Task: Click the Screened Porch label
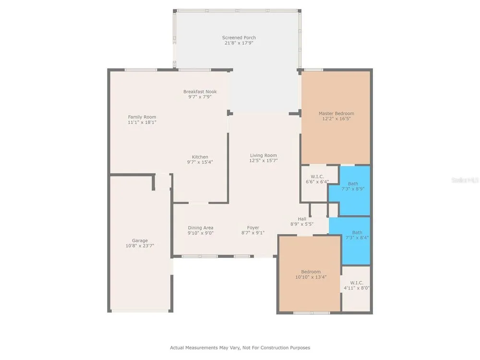coord(239,37)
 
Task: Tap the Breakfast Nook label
coord(200,92)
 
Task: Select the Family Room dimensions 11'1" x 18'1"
coord(142,122)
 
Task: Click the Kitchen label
coord(200,157)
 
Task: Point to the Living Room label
coord(263,156)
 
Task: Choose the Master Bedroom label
coord(336,114)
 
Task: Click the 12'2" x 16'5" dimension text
coord(336,119)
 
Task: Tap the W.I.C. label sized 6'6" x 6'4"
coord(317,177)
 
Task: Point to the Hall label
coord(302,219)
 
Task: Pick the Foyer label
coord(253,228)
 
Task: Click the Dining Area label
coord(201,228)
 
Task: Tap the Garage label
coord(140,240)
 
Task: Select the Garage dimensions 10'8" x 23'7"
coord(140,246)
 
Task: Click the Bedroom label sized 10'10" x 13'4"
coord(311,272)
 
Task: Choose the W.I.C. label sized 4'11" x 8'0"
coord(357,283)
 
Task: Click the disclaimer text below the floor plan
coord(240,348)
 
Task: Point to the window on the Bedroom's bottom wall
coord(312,313)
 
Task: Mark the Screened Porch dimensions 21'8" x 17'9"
coord(239,43)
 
